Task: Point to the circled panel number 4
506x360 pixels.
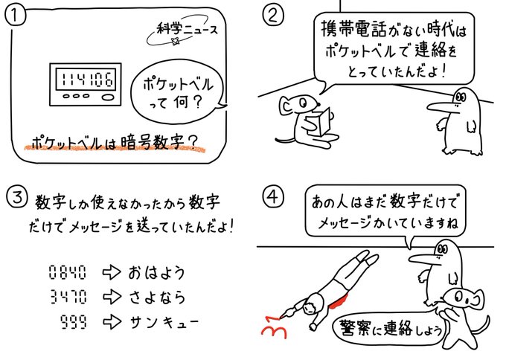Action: [x=273, y=196]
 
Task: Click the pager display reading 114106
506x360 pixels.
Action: [x=86, y=79]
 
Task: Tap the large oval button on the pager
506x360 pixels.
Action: [x=108, y=97]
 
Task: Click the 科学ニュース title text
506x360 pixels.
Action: [x=188, y=30]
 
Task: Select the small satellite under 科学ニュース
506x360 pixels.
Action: [x=176, y=42]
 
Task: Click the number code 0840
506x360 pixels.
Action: [x=68, y=272]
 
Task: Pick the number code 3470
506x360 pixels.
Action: [x=68, y=297]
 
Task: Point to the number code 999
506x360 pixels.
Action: [x=74, y=321]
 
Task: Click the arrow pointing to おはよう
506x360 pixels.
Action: [x=112, y=272]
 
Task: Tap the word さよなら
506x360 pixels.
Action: [x=157, y=297]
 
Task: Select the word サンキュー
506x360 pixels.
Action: [x=164, y=322]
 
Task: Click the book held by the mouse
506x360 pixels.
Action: [x=318, y=123]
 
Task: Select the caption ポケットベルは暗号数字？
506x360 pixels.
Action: [x=114, y=142]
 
